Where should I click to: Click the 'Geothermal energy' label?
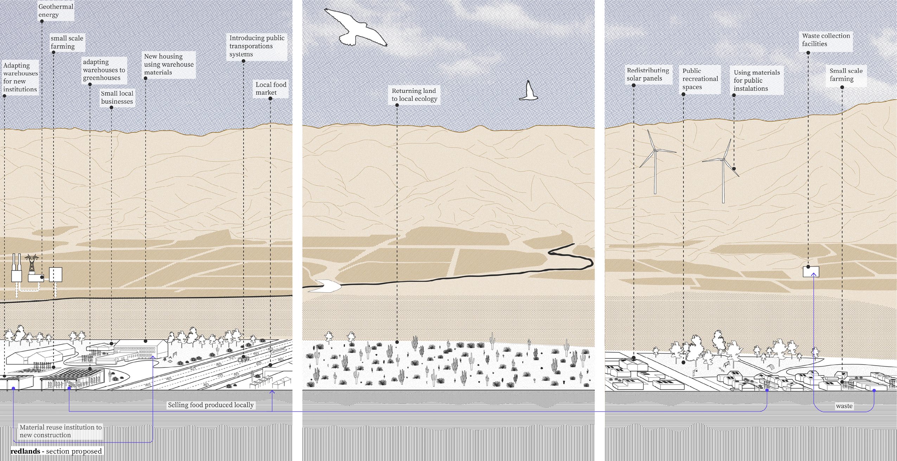click(x=56, y=11)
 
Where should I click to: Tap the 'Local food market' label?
click(x=271, y=89)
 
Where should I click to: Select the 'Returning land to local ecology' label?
click(x=414, y=95)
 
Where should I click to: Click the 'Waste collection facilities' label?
click(x=826, y=40)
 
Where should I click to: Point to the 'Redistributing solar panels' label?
click(x=648, y=74)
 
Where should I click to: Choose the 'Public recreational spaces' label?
click(x=700, y=79)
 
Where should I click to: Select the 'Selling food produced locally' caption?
click(x=210, y=405)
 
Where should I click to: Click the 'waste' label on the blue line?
click(x=844, y=406)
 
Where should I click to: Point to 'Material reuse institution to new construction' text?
click(x=61, y=431)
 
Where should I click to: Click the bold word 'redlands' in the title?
click(x=25, y=451)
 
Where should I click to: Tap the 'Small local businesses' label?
click(x=117, y=97)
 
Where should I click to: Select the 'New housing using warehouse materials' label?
click(x=168, y=64)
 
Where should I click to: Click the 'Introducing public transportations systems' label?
click(x=256, y=46)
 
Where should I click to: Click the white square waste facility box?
click(x=810, y=271)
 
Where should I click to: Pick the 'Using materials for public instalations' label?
click(x=756, y=81)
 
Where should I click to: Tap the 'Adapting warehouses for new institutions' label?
click(x=20, y=77)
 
